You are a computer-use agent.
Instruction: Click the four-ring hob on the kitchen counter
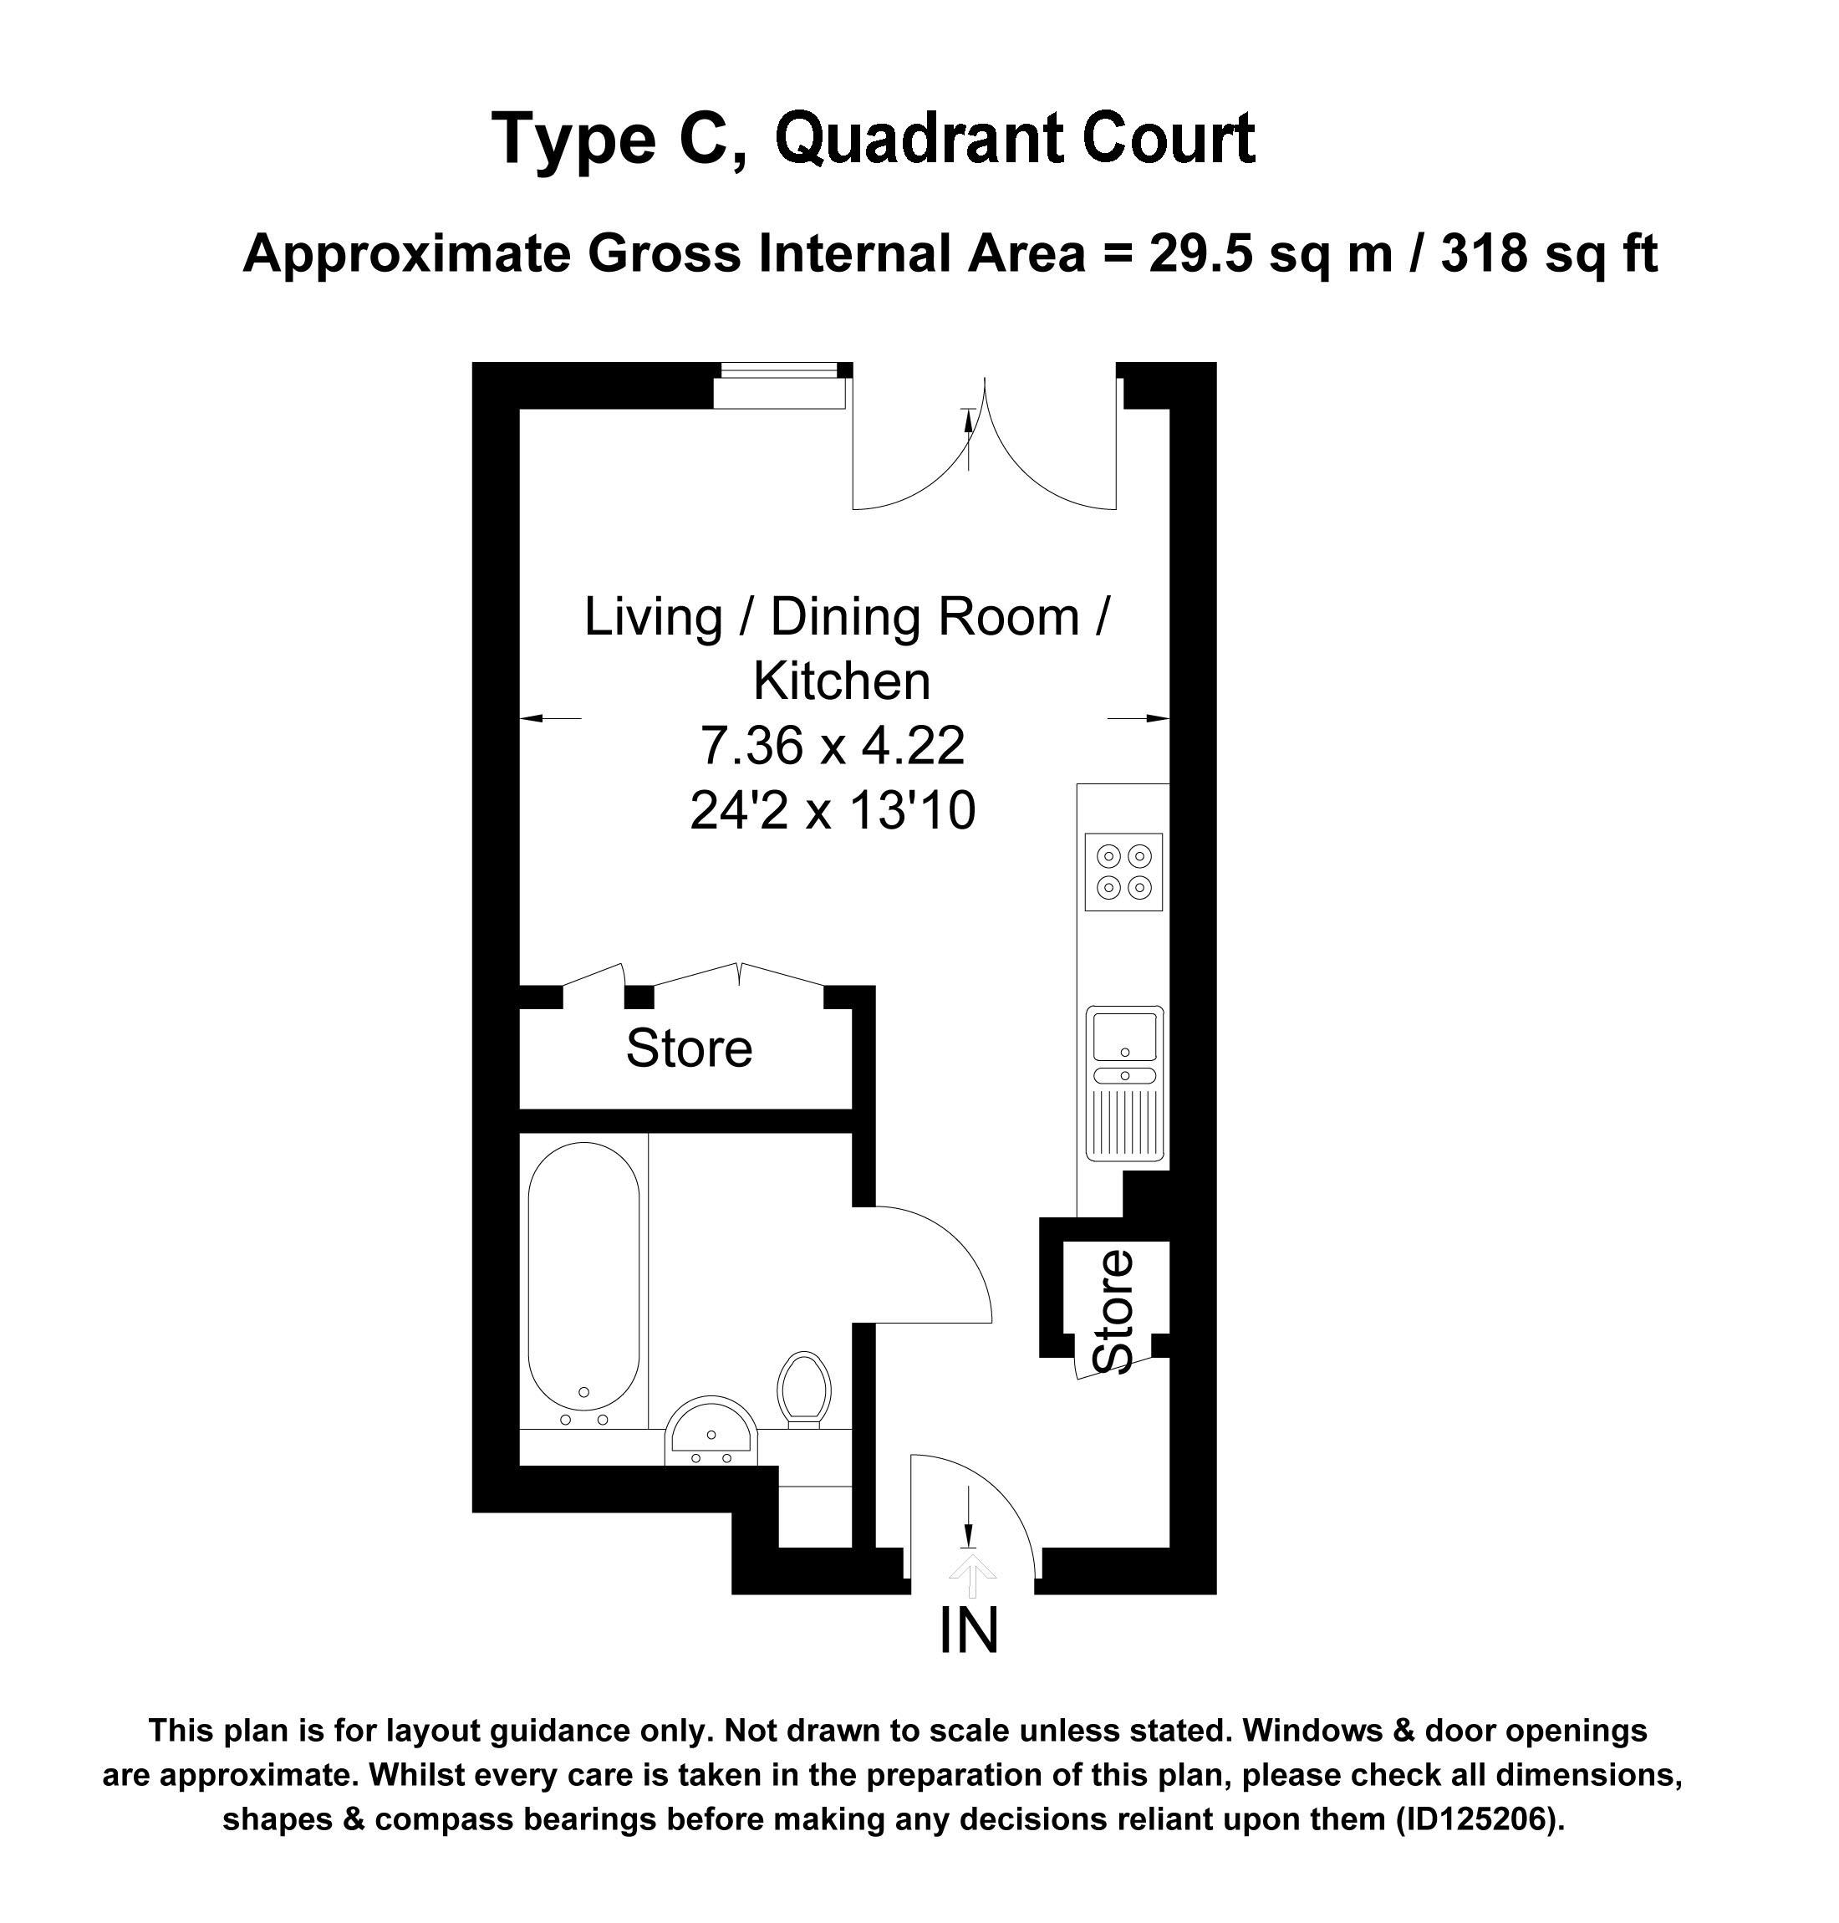click(1124, 872)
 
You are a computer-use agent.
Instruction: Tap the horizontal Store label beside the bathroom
click(689, 1048)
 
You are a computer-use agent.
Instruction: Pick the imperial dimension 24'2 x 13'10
click(833, 811)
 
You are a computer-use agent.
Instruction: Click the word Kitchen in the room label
click(841, 681)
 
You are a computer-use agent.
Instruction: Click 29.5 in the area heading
click(1203, 254)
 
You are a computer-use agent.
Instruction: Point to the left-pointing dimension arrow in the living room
click(550, 719)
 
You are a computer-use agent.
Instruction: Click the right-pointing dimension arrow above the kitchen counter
click(1139, 719)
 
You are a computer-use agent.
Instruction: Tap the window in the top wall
click(780, 385)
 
